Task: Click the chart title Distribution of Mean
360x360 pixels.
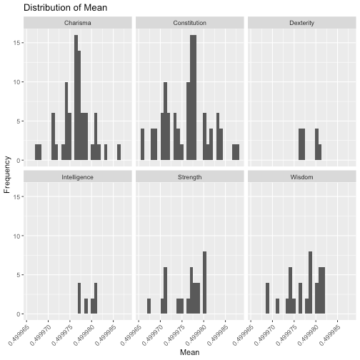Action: pyautogui.click(x=65, y=8)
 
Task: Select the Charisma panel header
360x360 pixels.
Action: pyautogui.click(x=78, y=23)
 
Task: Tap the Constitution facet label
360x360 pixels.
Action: pyautogui.click(x=190, y=23)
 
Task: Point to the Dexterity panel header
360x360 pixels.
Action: pyautogui.click(x=302, y=23)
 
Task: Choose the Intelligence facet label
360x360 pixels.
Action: pyautogui.click(x=78, y=177)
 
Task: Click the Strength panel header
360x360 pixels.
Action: pyautogui.click(x=190, y=177)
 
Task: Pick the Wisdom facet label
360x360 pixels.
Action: pyautogui.click(x=302, y=177)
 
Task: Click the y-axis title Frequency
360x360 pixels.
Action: pyautogui.click(x=7, y=174)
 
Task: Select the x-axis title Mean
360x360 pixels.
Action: pyautogui.click(x=190, y=352)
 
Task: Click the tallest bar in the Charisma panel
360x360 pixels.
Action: pyautogui.click(x=76, y=98)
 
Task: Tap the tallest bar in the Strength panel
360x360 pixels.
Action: pyautogui.click(x=204, y=283)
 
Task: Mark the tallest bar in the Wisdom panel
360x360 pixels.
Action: pyautogui.click(x=310, y=283)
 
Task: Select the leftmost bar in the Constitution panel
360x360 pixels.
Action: pyautogui.click(x=142, y=144)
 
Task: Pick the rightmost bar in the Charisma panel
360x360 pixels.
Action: pyautogui.click(x=119, y=152)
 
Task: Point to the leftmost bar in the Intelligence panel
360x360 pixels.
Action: pyautogui.click(x=79, y=299)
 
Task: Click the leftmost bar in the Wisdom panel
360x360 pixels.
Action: pyautogui.click(x=267, y=299)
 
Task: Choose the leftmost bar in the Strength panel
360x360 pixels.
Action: pyautogui.click(x=149, y=306)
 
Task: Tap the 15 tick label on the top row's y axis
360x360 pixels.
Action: pyautogui.click(x=17, y=43)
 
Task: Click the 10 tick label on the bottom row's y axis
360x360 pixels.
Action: pyautogui.click(x=17, y=236)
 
